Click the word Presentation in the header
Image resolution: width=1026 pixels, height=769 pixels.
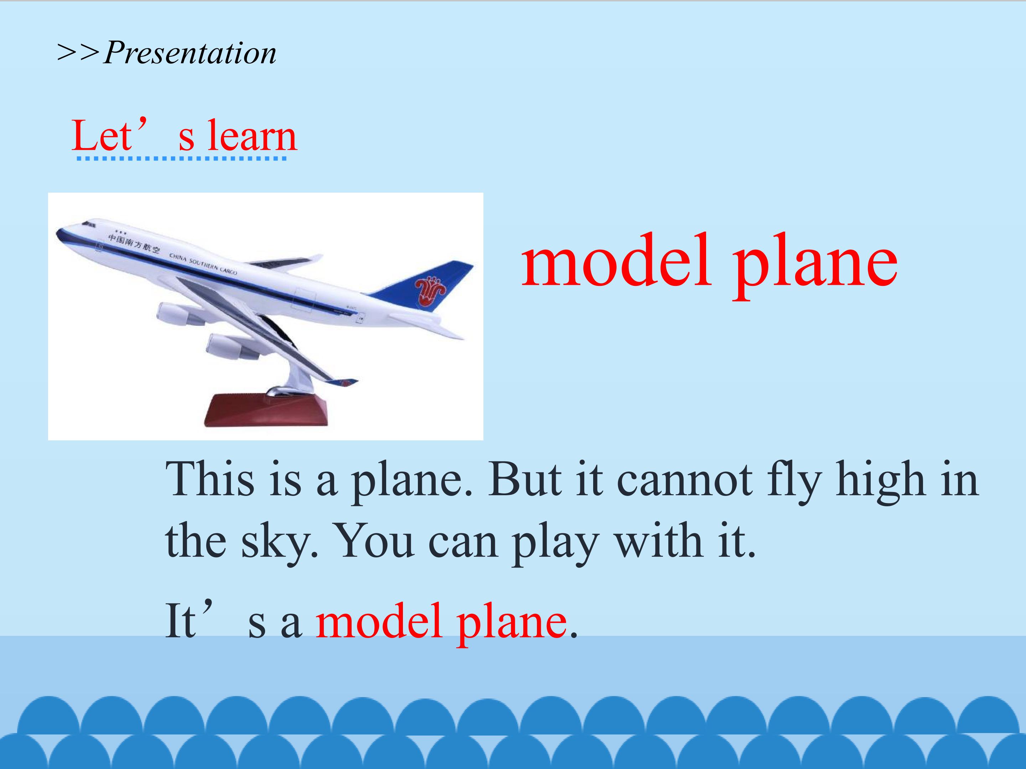pyautogui.click(x=190, y=52)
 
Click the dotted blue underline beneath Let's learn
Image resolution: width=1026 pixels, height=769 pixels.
pyautogui.click(x=181, y=158)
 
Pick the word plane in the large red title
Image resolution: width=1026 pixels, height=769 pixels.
pyautogui.click(x=814, y=267)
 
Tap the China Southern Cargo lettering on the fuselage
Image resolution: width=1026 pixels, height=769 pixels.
pyautogui.click(x=203, y=263)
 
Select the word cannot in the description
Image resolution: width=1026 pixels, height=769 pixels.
pyautogui.click(x=684, y=480)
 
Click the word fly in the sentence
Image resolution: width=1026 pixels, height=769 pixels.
pyautogui.click(x=793, y=482)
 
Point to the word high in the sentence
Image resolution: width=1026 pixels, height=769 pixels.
pyautogui.click(x=880, y=482)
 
